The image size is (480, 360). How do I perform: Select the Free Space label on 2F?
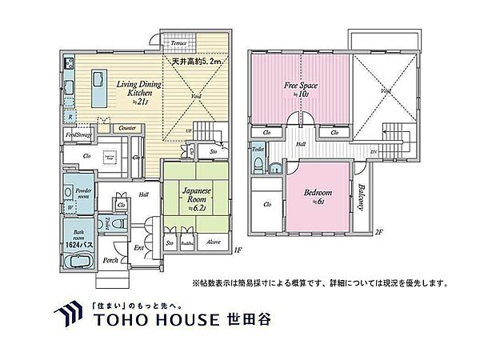click(x=298, y=86)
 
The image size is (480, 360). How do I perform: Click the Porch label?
click(x=111, y=259)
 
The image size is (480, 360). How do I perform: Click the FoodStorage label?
click(x=77, y=135)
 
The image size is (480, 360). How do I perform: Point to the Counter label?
click(x=126, y=128)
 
